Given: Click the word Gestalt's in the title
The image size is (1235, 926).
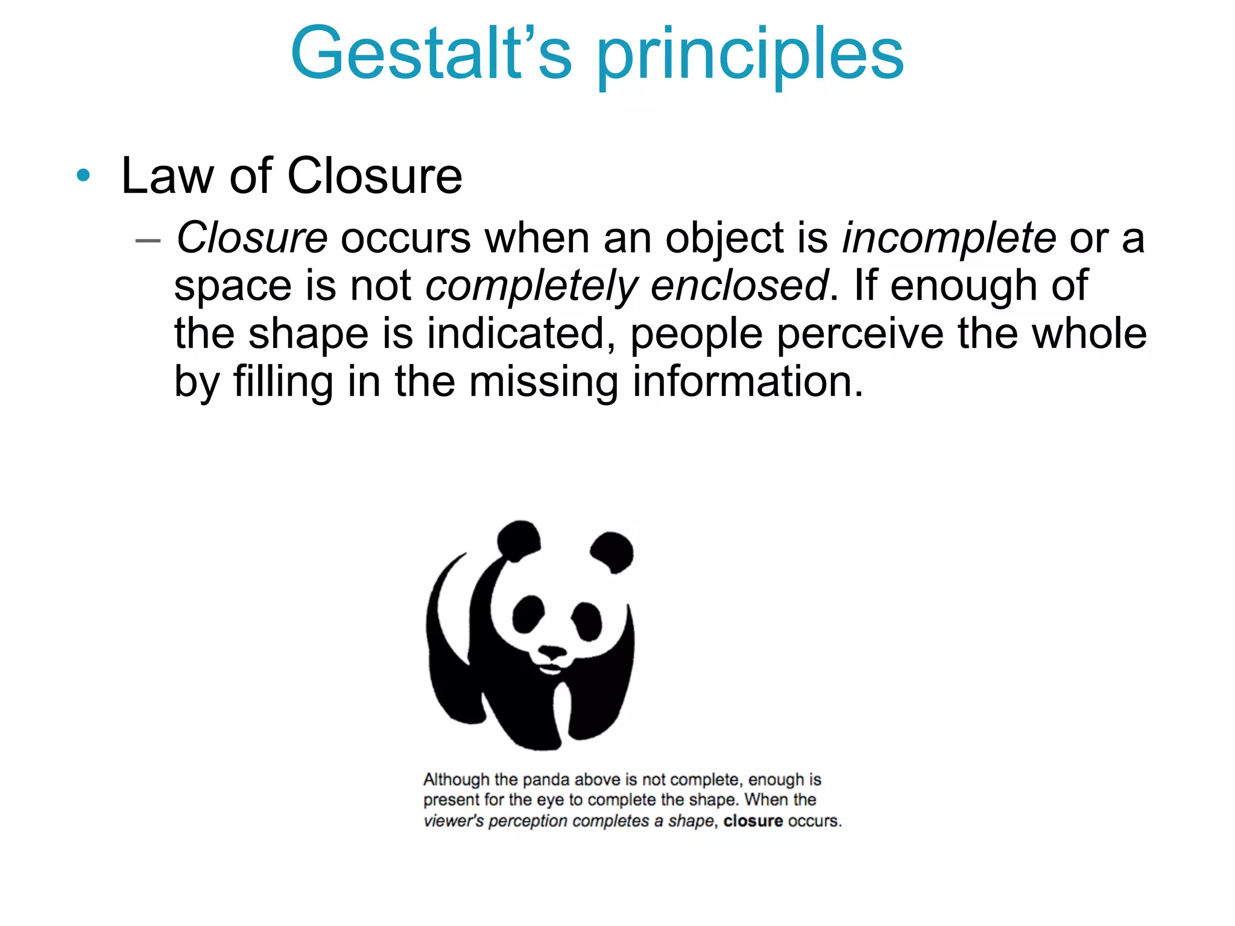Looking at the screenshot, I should click(431, 54).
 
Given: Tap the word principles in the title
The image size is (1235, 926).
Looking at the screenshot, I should click(750, 57).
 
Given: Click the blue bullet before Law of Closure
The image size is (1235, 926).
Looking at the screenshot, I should click(83, 176).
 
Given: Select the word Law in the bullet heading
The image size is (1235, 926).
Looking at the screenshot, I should click(166, 176).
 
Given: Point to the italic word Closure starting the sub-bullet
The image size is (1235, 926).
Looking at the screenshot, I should click(252, 238).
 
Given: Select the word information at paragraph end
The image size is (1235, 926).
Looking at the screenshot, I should click(748, 381).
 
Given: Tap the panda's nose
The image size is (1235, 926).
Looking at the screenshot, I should click(551, 652).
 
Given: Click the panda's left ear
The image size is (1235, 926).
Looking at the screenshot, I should click(519, 540).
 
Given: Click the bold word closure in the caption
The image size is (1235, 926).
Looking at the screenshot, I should click(753, 821).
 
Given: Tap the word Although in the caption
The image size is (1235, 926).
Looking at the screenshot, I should click(456, 780).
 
